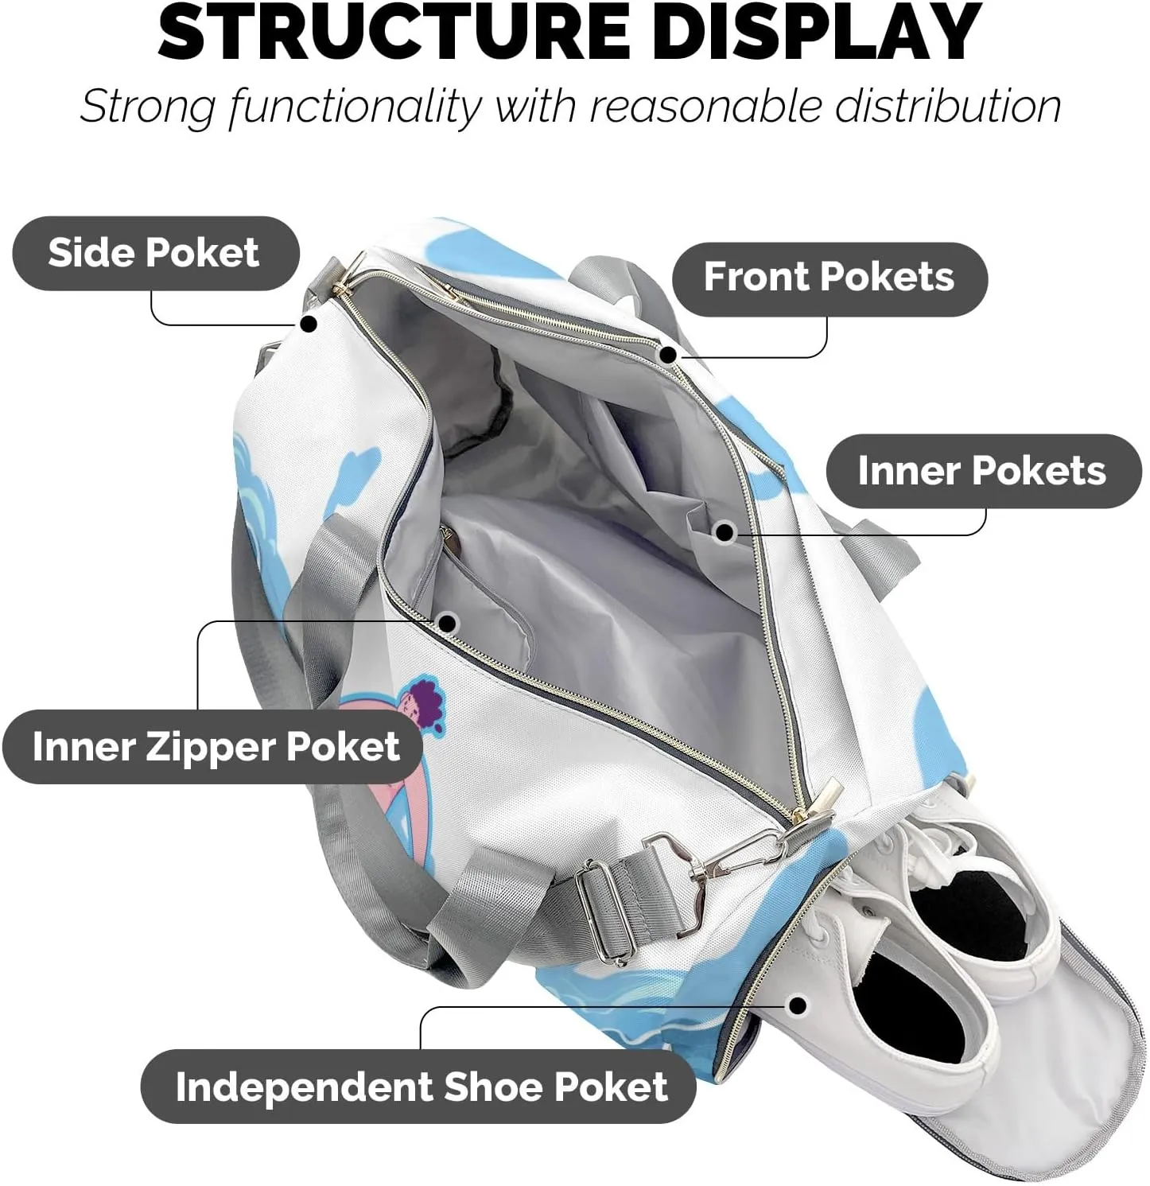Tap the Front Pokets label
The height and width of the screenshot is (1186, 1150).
pyautogui.click(x=829, y=277)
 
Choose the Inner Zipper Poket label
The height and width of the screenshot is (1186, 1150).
pyautogui.click(x=216, y=746)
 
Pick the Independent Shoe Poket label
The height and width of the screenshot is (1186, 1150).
pyautogui.click(x=422, y=1087)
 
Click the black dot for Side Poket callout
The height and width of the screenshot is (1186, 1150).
pyautogui.click(x=309, y=324)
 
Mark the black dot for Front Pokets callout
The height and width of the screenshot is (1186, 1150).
pyautogui.click(x=669, y=355)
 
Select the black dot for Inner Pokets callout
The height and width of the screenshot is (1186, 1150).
pyautogui.click(x=725, y=532)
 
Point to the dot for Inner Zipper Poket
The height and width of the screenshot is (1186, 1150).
pyautogui.click(x=448, y=624)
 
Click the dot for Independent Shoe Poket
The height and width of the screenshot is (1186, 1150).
pyautogui.click(x=798, y=1006)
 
